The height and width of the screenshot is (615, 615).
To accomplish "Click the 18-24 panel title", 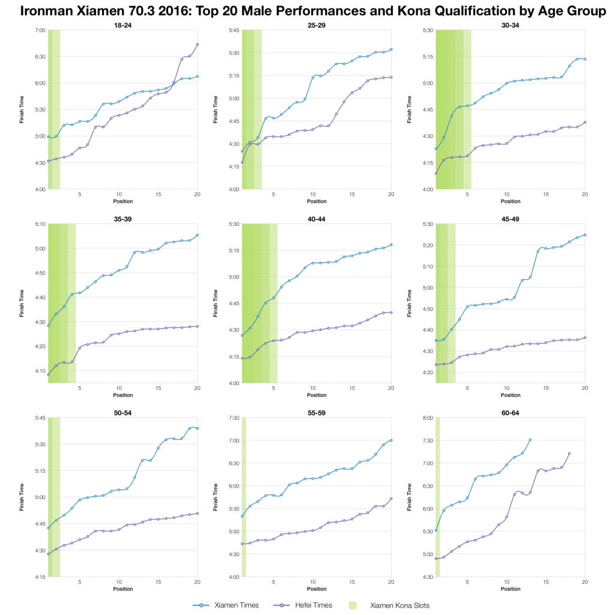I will (x=123, y=25).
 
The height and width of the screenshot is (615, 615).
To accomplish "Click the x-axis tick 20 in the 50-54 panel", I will (x=197, y=582).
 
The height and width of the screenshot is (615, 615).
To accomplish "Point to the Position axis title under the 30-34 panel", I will (x=510, y=201).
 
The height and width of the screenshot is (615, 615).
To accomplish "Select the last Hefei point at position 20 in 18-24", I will (x=197, y=44).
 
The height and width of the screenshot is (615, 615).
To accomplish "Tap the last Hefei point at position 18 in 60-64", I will (x=569, y=453).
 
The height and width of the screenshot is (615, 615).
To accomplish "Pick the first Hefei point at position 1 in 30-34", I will (x=436, y=173).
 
